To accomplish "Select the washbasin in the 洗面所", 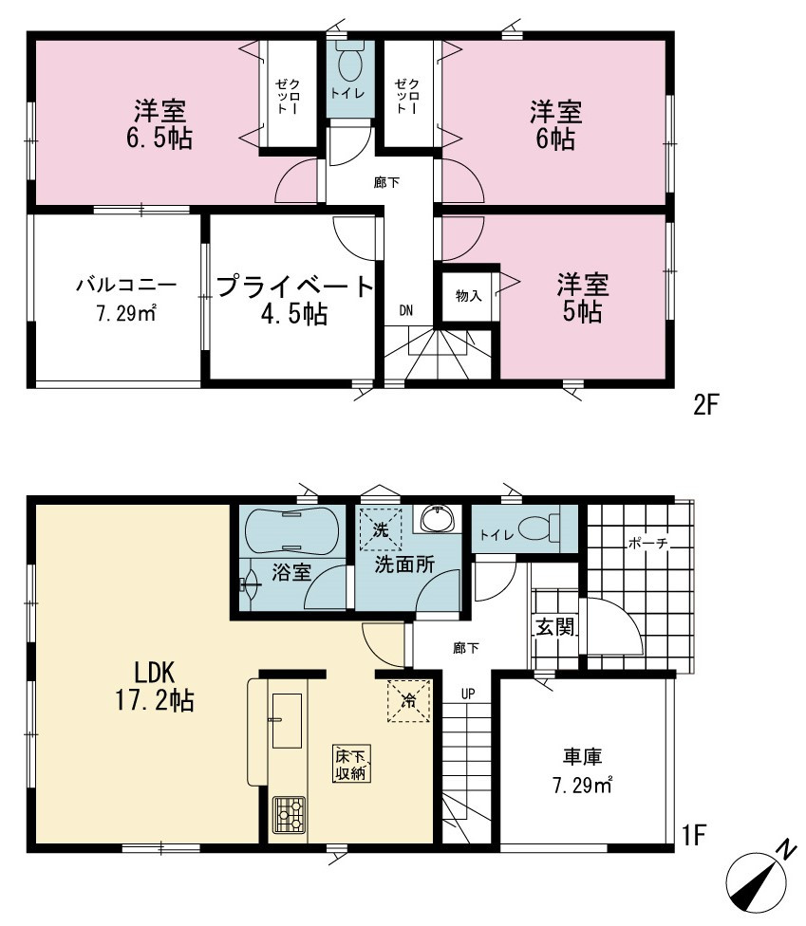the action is [x=437, y=519].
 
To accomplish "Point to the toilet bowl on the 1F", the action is [x=538, y=528].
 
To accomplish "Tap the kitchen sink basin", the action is [x=287, y=720].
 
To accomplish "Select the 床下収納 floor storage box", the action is [x=351, y=764].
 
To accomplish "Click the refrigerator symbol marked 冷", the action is [x=408, y=701].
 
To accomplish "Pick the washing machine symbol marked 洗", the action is [x=381, y=529].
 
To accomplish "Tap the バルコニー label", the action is [x=126, y=285].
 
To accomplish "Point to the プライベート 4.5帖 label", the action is [x=295, y=300].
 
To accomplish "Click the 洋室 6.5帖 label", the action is [x=159, y=124].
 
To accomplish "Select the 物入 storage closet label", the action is [x=468, y=295].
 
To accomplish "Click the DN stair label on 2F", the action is [x=406, y=310].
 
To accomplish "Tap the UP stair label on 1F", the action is [x=468, y=694].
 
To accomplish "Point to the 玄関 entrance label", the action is [x=554, y=626].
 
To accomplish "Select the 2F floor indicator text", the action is [x=705, y=405].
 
